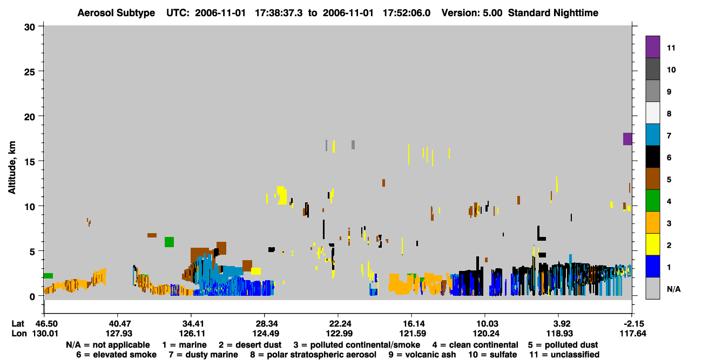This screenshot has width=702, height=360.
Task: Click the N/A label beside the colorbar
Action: point(673,289)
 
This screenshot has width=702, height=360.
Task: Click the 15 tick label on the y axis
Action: point(30,162)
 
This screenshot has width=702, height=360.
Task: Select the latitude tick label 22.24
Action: point(339,323)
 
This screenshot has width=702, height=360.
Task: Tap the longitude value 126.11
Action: point(192,334)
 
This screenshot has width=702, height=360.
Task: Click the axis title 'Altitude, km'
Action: point(12,168)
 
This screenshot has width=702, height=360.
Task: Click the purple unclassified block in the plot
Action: point(627,139)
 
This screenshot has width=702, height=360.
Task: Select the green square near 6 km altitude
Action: point(169,242)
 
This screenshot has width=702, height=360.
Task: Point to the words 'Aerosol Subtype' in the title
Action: point(116,13)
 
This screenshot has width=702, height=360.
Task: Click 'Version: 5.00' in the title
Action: point(472,13)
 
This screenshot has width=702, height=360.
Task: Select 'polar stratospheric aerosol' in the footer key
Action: point(321,355)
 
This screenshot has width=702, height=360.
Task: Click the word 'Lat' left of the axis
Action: point(18,323)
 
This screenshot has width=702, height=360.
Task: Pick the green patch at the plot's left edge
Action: point(48,276)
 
